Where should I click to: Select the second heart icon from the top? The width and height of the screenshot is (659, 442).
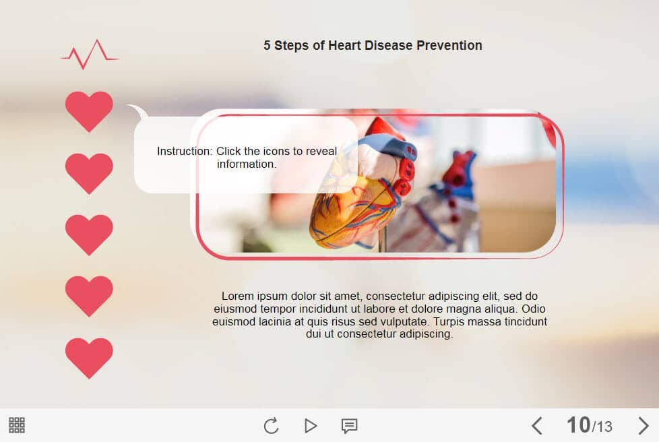tap(89, 173)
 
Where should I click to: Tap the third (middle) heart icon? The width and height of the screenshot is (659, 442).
tap(89, 234)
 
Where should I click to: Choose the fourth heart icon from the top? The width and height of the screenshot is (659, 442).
tap(89, 296)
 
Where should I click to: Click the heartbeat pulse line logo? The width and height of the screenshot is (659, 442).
tap(90, 55)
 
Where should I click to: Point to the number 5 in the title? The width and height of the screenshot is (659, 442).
tap(267, 45)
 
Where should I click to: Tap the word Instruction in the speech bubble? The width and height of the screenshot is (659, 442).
tap(185, 151)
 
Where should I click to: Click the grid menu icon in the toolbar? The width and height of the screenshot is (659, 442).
tap(17, 425)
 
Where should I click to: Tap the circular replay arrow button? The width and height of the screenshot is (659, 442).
tap(272, 426)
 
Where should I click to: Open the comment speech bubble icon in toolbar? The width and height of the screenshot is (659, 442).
tap(349, 426)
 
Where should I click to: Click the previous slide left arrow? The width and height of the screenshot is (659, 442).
tap(536, 426)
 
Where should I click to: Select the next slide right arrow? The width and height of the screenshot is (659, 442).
tap(643, 426)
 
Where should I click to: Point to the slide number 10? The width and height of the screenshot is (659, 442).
tap(578, 424)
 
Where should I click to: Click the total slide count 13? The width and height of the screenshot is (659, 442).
tap(604, 427)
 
